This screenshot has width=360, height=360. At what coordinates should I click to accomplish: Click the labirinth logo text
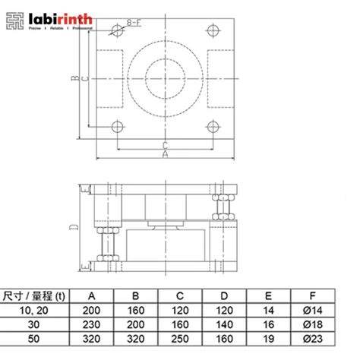click(58, 16)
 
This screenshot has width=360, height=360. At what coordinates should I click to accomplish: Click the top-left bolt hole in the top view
click(116, 31)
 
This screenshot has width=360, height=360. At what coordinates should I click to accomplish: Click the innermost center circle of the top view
click(164, 79)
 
